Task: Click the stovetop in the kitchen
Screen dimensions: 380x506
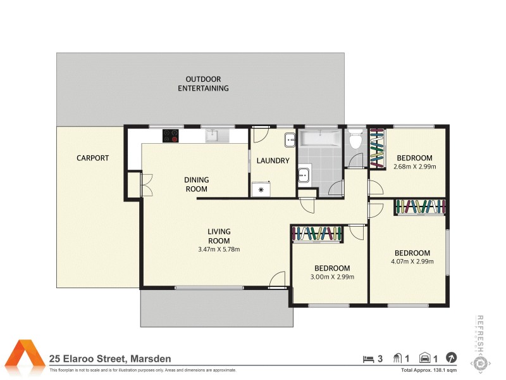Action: point(171,136)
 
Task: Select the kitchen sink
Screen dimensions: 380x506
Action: point(212,136)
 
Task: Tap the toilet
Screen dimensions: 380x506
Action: point(355,139)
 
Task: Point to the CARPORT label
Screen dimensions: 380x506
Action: point(93,158)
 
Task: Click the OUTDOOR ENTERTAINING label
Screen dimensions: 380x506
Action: point(203,84)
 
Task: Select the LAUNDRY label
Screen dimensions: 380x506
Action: point(273,161)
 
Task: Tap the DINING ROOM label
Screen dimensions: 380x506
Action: point(196,184)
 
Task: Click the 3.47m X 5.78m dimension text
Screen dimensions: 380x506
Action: point(219,250)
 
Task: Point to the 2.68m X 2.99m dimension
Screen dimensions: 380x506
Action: point(414,167)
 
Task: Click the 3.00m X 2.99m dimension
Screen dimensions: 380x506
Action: point(332,277)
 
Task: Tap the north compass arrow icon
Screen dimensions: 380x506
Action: point(452,358)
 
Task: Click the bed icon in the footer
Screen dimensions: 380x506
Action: point(368,358)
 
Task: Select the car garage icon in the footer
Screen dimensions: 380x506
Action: point(426,358)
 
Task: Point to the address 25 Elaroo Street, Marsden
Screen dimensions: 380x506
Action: point(110,359)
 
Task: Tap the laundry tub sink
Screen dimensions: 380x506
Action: point(289,139)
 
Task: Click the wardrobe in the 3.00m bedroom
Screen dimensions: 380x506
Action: point(317,234)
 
